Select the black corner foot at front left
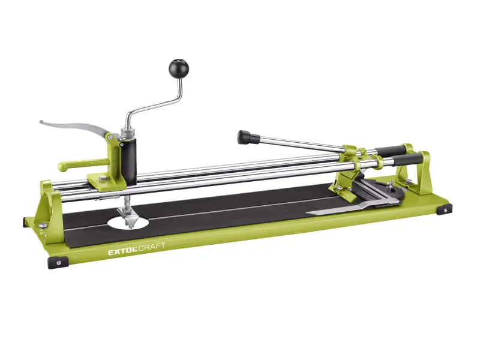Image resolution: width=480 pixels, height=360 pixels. tap(59, 262)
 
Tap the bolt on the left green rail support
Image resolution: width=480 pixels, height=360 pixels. tap(44, 225)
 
